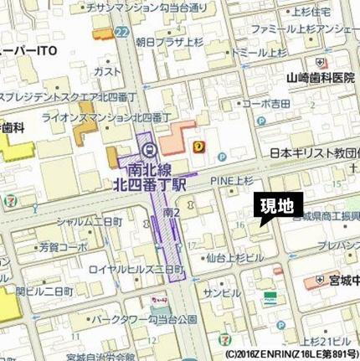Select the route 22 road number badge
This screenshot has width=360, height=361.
point(123,31)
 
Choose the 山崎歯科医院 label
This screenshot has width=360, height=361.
point(321,77)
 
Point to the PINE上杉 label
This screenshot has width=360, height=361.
point(232,178)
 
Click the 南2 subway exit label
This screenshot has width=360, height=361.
point(171,214)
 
